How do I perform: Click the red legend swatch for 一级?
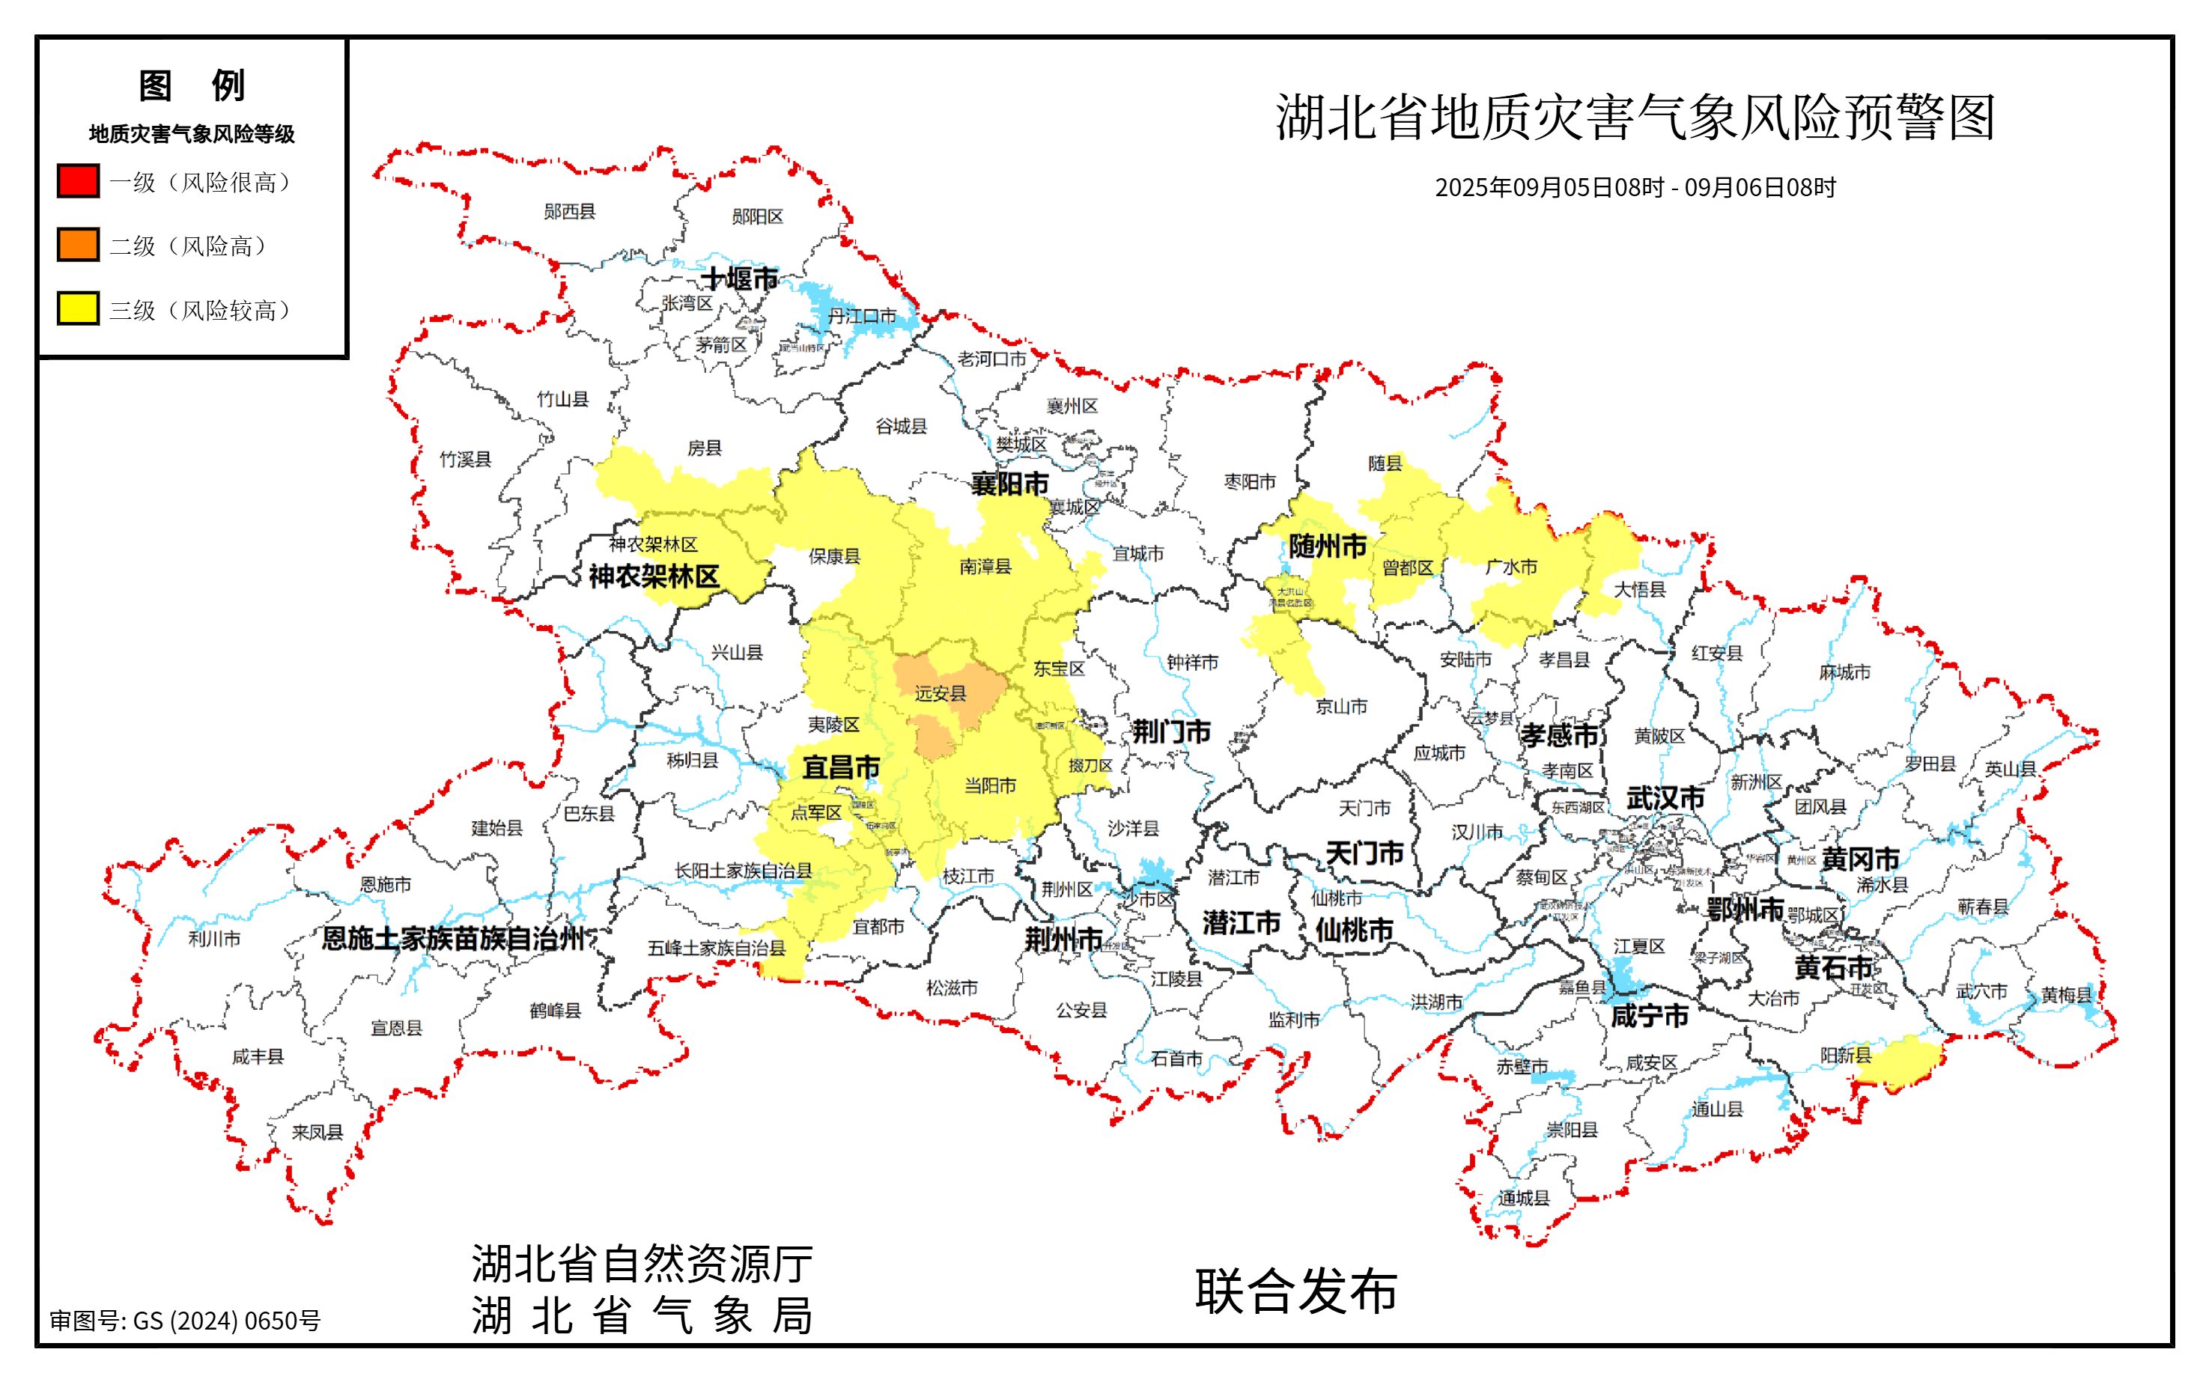78,181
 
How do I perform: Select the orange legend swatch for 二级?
78,245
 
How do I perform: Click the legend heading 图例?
192,86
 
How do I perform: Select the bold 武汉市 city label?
1665,798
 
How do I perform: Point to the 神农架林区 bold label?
654,576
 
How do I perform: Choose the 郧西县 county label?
569,212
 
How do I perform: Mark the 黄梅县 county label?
2067,994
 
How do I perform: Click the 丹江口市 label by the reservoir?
862,316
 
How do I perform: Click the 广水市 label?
1511,567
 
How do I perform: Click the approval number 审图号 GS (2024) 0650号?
185,1321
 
